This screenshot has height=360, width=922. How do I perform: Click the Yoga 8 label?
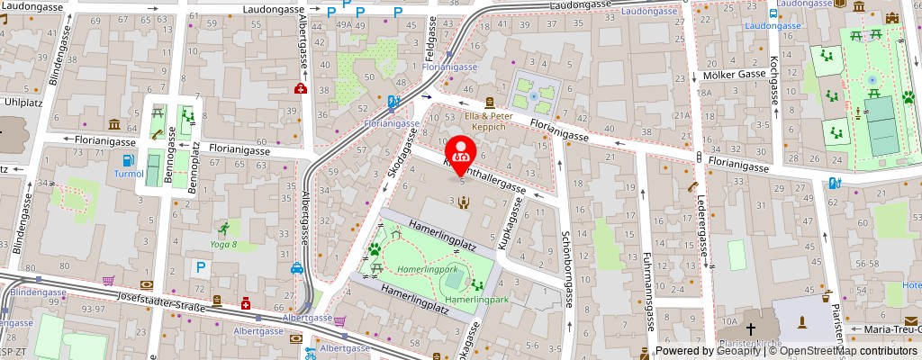click(x=222, y=244)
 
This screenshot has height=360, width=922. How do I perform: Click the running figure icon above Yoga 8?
click(x=222, y=229)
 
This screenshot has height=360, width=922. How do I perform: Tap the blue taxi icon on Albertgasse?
click(x=296, y=267)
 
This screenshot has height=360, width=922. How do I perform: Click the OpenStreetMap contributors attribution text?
click(x=847, y=351)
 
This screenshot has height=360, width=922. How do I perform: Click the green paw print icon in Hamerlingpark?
click(x=375, y=248)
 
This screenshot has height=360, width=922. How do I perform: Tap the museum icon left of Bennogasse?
click(x=114, y=124)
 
